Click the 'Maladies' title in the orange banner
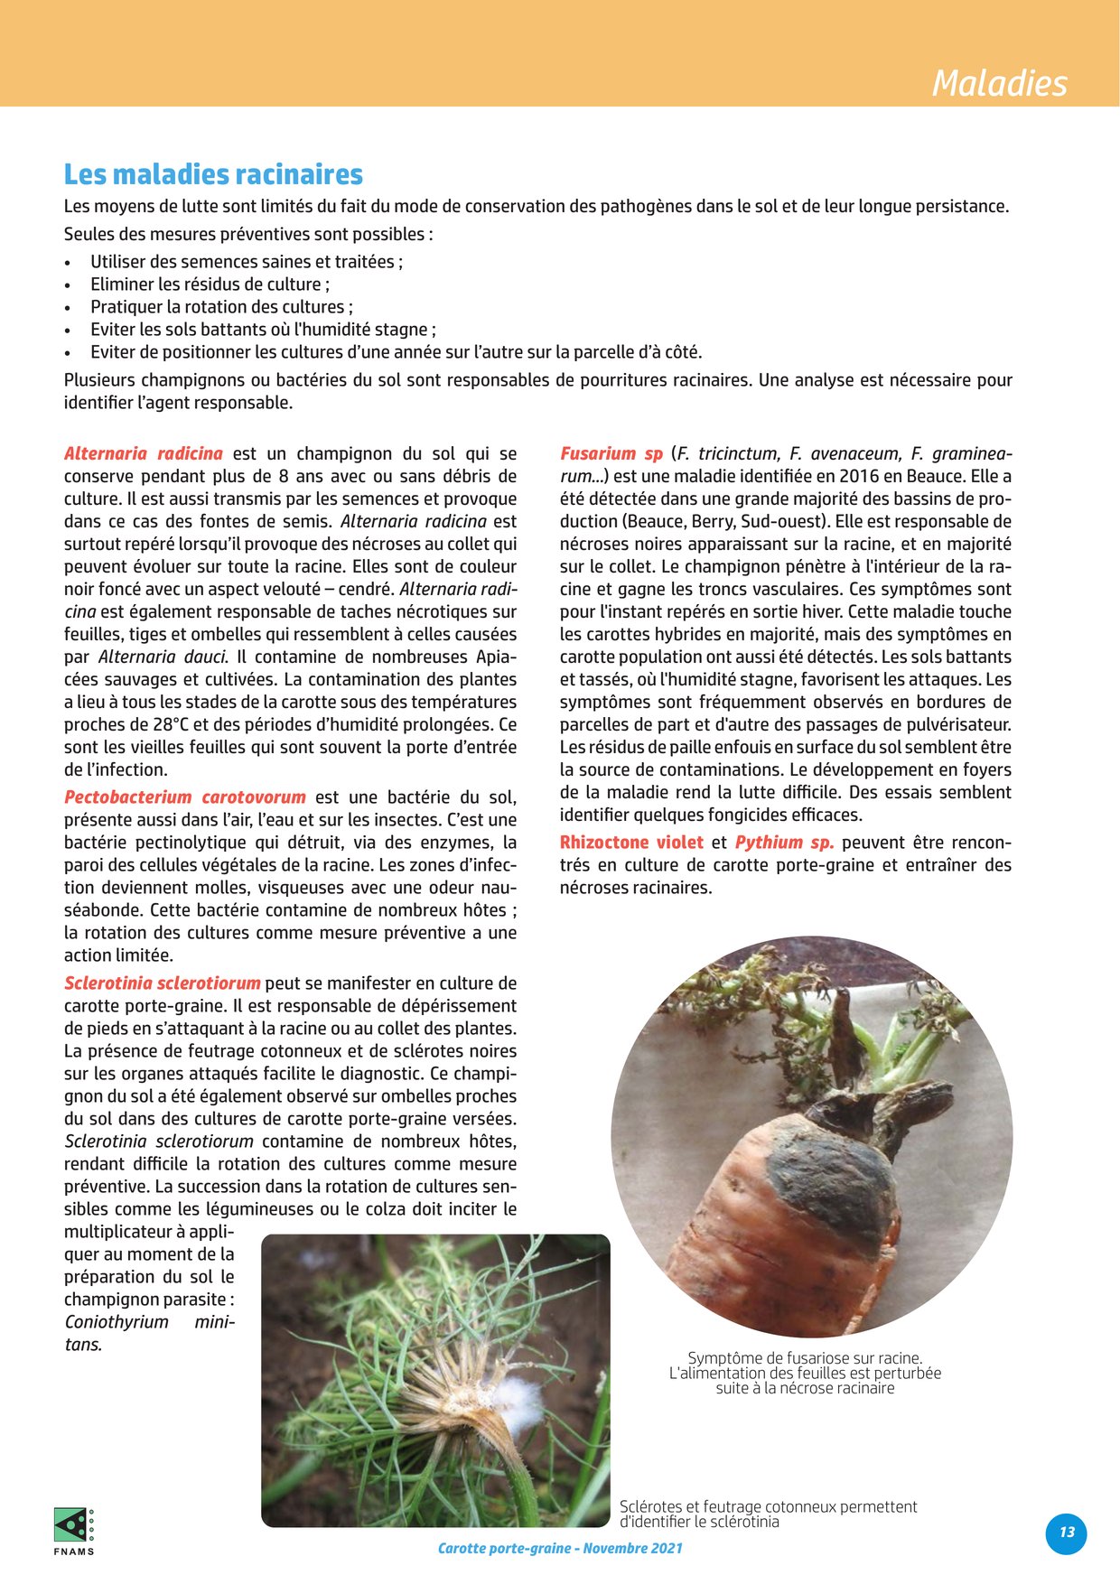[x=999, y=83]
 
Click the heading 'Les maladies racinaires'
[x=213, y=174]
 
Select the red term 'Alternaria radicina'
[x=143, y=453]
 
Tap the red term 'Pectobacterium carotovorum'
[x=184, y=797]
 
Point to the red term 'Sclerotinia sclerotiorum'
[x=163, y=983]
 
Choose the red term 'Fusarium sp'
[x=611, y=453]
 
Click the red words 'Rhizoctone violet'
[x=631, y=843]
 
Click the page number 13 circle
[x=1067, y=1533]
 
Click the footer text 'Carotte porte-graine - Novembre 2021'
[x=560, y=1548]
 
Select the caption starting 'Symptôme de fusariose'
[x=805, y=1373]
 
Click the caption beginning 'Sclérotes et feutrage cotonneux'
[x=768, y=1514]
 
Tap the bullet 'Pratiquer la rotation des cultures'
[x=221, y=307]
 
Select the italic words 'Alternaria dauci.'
[x=163, y=657]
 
